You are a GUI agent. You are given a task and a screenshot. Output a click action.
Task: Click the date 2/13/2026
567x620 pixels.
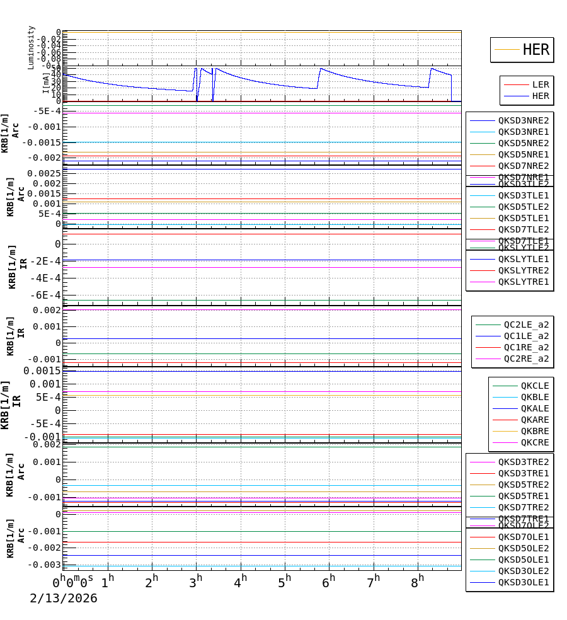[64, 599]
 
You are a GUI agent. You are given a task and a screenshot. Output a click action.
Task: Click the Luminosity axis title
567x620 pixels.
[31, 47]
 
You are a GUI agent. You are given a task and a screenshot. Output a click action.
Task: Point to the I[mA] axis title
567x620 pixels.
[45, 83]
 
